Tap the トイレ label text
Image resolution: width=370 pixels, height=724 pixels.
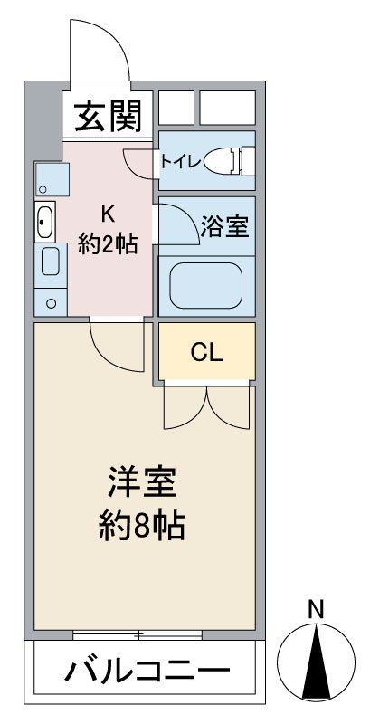[180, 162]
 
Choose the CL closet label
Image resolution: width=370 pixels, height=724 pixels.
[207, 353]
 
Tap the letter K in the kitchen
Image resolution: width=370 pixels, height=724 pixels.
[108, 214]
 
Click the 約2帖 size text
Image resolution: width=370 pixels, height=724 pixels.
[108, 243]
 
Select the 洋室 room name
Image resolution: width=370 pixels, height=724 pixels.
[142, 481]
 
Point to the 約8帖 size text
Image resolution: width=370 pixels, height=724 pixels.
[142, 526]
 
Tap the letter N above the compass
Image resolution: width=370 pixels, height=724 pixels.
[316, 610]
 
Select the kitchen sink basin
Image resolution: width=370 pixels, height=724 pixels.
[45, 222]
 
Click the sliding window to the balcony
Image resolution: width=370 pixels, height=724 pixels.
[138, 635]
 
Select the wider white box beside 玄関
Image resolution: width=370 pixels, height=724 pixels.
[227, 108]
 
